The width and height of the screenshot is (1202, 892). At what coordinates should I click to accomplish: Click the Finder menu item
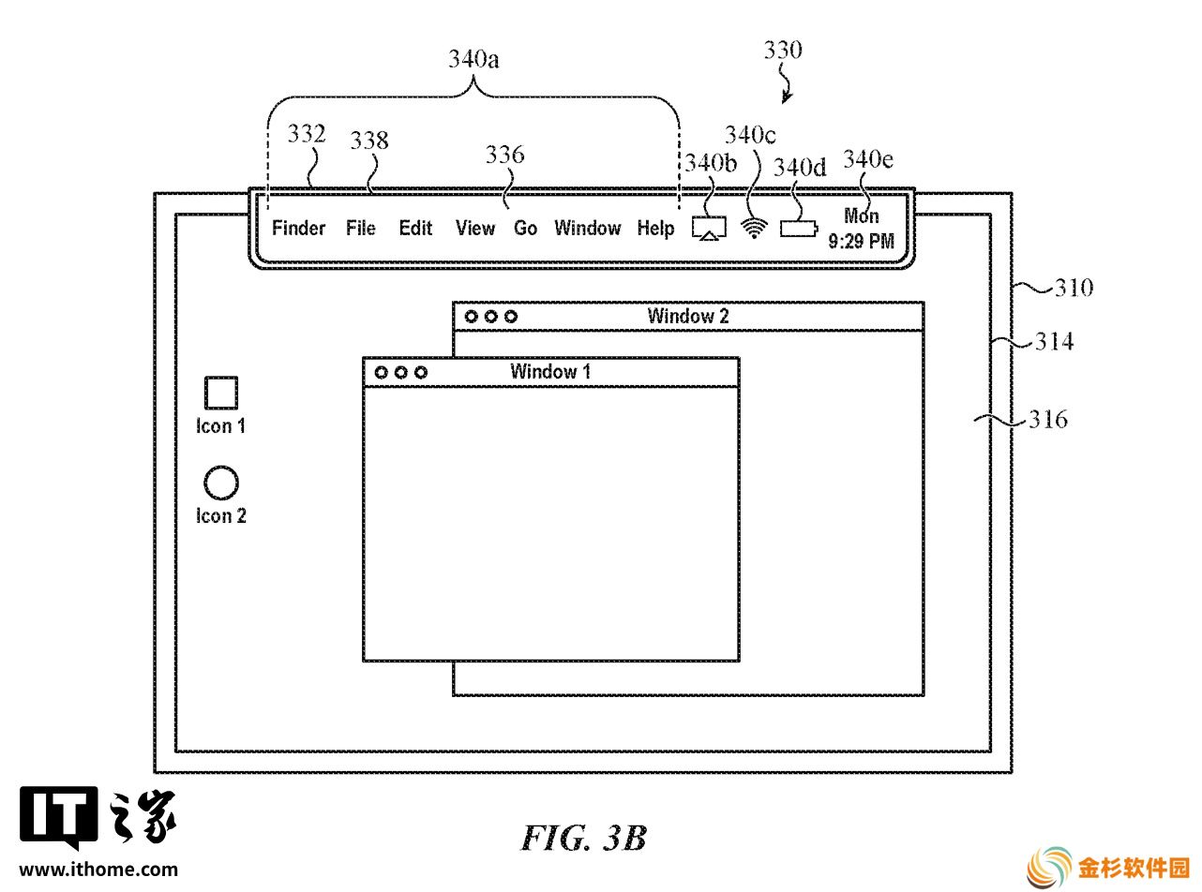point(298,228)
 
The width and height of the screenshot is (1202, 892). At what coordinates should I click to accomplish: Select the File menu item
point(360,228)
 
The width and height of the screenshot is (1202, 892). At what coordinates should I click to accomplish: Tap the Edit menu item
point(415,228)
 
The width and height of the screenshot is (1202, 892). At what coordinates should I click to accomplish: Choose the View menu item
point(474,228)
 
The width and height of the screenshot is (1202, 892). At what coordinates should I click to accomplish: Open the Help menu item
point(655,229)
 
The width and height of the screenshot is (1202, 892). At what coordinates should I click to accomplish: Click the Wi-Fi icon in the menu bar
point(754,229)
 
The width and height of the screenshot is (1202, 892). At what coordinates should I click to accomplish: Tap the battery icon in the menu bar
point(799,229)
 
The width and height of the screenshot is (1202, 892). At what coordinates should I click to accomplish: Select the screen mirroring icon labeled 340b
point(709,229)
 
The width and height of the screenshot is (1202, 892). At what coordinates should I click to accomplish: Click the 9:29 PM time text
point(861,241)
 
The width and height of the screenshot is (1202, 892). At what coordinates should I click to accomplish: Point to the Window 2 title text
point(687,316)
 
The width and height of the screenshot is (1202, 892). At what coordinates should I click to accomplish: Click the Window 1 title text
point(550,372)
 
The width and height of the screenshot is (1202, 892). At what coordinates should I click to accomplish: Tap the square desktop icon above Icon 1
point(221,393)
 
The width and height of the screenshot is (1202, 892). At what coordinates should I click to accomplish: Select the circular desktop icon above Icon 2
point(221,483)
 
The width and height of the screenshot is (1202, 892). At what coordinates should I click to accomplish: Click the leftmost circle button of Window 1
point(382,373)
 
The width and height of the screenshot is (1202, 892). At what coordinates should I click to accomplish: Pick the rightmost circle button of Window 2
point(510,317)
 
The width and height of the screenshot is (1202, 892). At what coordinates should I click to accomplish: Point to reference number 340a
point(473,59)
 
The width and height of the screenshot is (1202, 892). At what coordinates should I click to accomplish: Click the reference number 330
point(783,50)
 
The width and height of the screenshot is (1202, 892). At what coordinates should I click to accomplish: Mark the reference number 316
point(1048,420)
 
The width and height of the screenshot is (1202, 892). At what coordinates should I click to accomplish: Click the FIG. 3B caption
point(584,839)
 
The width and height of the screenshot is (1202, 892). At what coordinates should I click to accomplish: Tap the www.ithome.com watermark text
point(98,870)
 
